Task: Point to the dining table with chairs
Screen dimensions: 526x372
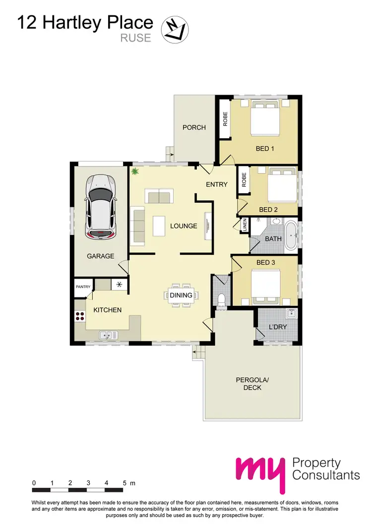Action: point(181,295)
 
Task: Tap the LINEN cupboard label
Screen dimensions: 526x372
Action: point(245,226)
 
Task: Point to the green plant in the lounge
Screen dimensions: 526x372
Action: point(134,172)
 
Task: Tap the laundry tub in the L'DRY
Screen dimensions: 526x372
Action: point(291,313)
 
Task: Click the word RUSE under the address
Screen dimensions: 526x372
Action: point(135,38)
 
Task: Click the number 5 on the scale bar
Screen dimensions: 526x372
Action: point(124,482)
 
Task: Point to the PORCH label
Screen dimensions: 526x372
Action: point(194,127)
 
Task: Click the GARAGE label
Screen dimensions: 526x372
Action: point(101,256)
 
